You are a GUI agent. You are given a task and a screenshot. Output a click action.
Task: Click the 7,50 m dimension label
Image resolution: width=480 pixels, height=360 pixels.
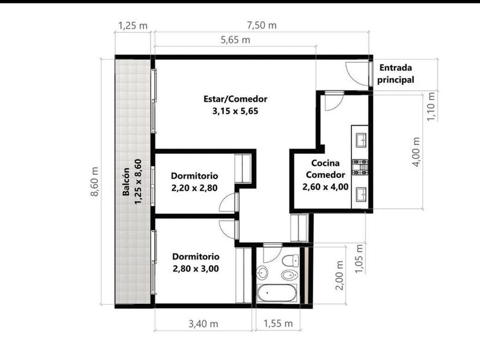(262, 25)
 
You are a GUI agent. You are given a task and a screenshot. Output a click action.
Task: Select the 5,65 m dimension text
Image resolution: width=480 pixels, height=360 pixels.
(235, 40)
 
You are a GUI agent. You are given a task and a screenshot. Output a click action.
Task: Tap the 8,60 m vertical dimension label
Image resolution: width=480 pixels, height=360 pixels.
(95, 182)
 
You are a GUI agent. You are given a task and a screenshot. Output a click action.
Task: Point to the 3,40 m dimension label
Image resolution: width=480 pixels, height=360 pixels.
(203, 323)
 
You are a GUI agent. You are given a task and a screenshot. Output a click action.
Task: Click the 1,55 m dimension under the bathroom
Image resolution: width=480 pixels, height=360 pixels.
(278, 323)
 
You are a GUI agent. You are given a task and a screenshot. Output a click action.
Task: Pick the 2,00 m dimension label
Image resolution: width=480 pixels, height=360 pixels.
(339, 275)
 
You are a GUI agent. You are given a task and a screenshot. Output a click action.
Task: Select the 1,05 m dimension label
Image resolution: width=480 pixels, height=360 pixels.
(359, 258)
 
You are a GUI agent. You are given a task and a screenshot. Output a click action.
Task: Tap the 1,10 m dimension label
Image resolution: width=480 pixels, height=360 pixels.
(431, 107)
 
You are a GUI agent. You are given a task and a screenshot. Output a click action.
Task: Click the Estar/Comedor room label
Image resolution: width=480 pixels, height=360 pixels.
(235, 99)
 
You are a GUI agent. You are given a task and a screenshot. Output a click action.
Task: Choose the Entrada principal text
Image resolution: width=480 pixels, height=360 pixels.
(395, 74)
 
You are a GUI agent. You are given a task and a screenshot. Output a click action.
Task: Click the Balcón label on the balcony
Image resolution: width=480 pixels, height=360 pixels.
(126, 182)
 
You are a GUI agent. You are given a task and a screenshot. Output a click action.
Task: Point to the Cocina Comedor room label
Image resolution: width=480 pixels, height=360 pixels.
(325, 169)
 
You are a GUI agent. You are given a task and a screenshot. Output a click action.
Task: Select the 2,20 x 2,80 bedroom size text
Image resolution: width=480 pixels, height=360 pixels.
(194, 188)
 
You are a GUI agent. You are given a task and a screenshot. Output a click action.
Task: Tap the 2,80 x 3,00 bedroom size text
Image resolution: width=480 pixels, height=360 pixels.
(196, 269)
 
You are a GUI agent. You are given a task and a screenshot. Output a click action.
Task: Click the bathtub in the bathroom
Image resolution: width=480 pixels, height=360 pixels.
(277, 293)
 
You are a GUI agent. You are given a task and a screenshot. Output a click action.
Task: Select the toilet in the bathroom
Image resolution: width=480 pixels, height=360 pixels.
(290, 261)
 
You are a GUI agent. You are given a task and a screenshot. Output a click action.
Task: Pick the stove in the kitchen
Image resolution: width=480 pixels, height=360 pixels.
(359, 167)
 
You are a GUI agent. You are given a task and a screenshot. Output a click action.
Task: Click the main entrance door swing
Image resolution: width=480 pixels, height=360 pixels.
(357, 74)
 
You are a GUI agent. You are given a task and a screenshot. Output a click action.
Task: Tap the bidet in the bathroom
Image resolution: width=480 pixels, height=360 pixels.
(289, 275)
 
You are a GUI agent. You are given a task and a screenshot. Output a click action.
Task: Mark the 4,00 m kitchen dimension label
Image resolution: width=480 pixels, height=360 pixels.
(417, 152)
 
